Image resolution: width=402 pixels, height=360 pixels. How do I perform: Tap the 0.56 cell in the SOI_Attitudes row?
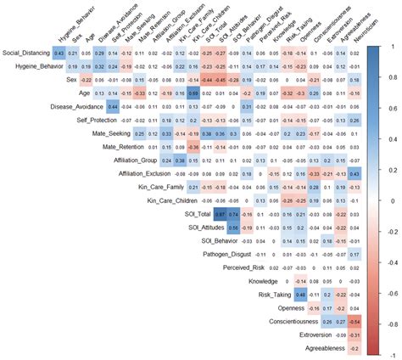237,228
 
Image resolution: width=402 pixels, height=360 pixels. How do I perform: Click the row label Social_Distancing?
25,53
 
